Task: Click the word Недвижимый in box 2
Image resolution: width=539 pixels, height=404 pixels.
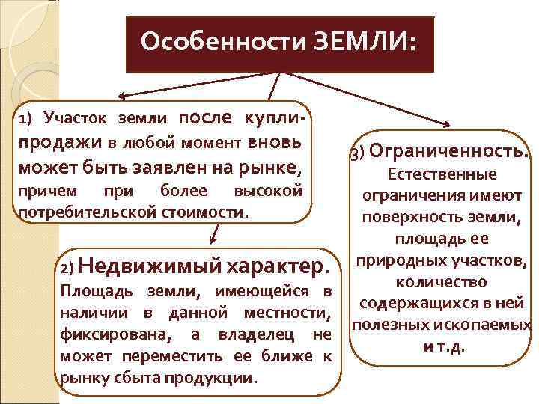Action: (147, 266)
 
